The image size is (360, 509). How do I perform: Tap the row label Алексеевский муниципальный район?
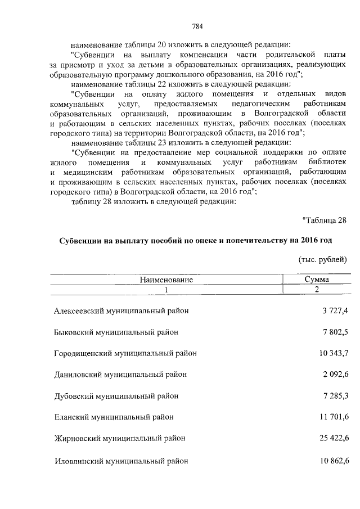(x=121, y=311)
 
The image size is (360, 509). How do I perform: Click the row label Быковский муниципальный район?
(x=116, y=332)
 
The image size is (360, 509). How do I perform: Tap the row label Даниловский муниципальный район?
(x=120, y=375)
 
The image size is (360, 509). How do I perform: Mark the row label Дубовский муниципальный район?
(x=118, y=396)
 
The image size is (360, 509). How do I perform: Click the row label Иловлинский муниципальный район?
(x=121, y=461)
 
